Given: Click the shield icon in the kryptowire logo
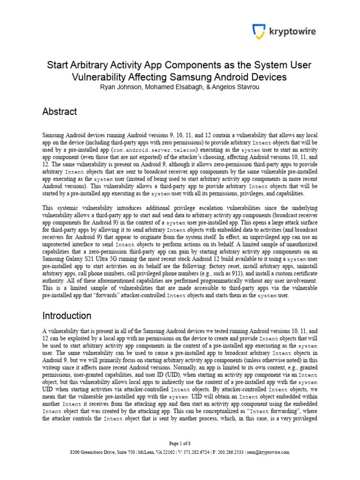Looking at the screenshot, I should coord(259,32).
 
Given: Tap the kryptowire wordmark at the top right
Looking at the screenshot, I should coord(292,32).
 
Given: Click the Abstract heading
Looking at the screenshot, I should coord(60,112).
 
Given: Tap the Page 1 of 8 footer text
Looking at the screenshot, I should coord(180,443).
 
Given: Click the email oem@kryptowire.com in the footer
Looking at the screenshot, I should coord(271,452).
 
